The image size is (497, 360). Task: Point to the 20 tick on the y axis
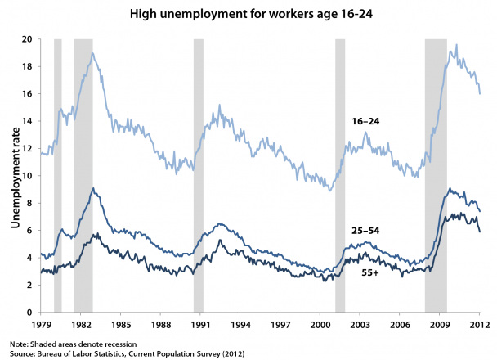(x=28, y=39)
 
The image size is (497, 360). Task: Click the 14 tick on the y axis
(x=28, y=121)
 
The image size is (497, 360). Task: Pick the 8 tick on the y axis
(x=30, y=203)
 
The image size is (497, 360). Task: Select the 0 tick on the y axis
(x=30, y=312)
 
